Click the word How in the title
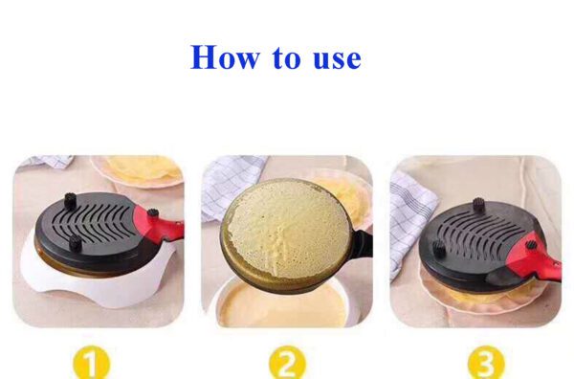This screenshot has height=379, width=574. pyautogui.click(x=222, y=57)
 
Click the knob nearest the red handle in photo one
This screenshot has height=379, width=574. pyautogui.click(x=150, y=213)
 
